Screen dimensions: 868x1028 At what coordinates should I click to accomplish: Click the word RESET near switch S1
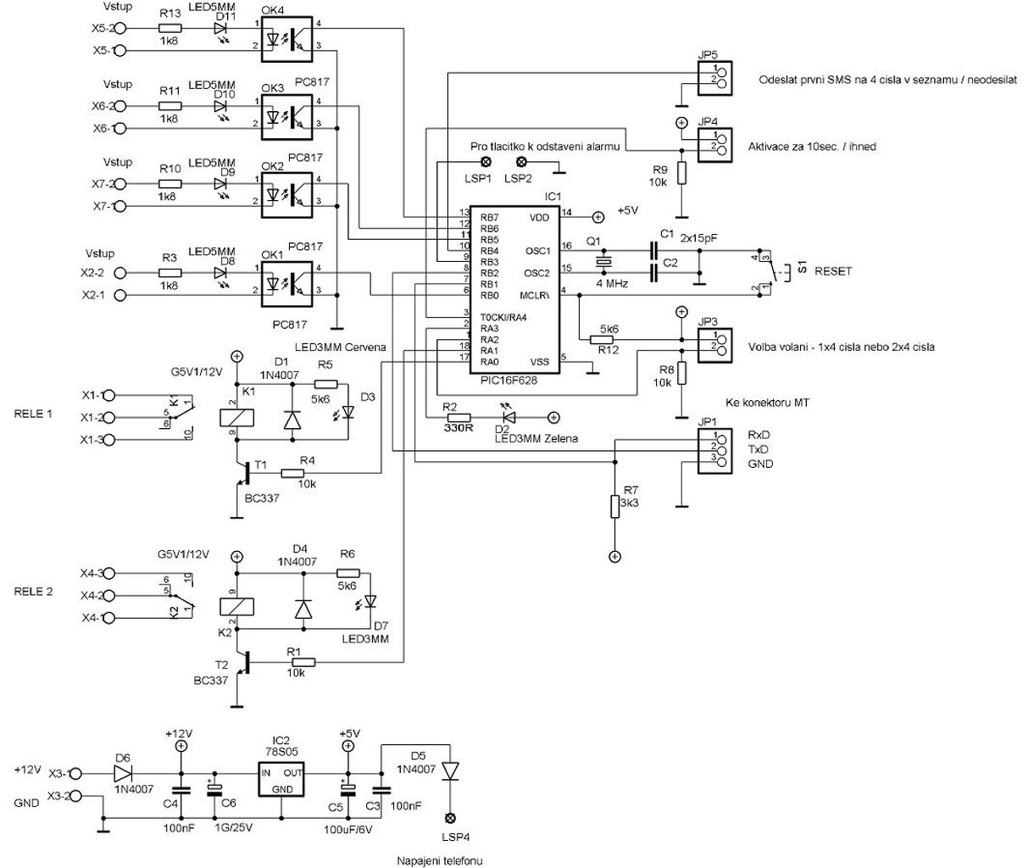[x=834, y=271]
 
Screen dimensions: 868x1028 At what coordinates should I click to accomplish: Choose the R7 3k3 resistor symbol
[x=614, y=507]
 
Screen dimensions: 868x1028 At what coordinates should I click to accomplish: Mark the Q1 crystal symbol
[x=603, y=261]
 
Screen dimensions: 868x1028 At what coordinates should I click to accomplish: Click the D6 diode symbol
[x=124, y=772]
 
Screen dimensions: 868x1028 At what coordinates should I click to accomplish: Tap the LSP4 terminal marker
[x=450, y=819]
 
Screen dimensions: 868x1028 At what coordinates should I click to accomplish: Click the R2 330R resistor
[x=459, y=417]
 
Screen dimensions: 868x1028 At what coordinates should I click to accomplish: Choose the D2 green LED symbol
[x=508, y=417]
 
